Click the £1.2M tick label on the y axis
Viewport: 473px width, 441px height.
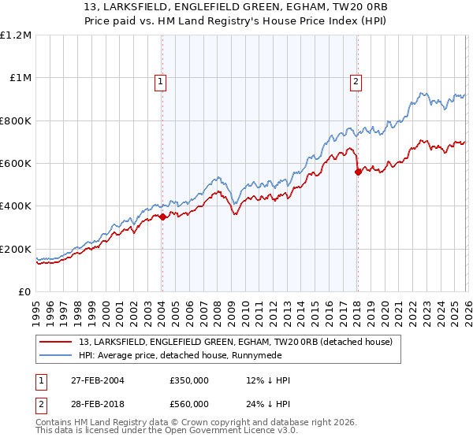point(16,35)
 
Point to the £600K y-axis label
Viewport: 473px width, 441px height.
point(16,164)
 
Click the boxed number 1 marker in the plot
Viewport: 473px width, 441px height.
point(161,80)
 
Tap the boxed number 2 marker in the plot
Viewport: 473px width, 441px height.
point(356,80)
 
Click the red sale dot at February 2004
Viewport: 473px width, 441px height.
point(162,217)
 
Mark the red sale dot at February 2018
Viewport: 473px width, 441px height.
point(358,172)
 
